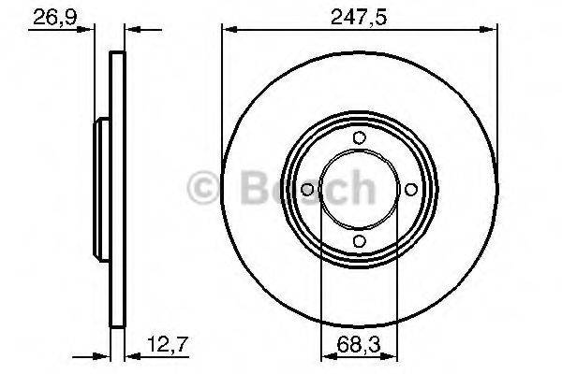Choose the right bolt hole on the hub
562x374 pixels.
[x=410, y=190]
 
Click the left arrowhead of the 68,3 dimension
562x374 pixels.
[x=326, y=355]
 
